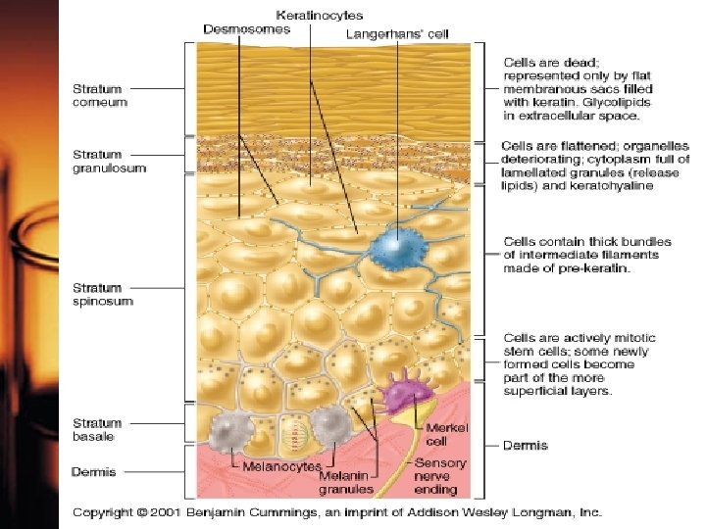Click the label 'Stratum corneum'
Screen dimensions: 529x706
[98, 95]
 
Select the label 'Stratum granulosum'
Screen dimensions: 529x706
[108, 161]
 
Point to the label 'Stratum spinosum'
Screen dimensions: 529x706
[102, 295]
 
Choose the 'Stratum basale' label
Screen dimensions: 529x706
[97, 429]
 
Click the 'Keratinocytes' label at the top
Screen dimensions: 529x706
[320, 16]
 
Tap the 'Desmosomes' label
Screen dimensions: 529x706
[246, 29]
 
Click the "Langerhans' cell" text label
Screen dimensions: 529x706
[397, 34]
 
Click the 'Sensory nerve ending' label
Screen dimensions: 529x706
[440, 475]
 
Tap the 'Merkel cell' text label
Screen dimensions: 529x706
[446, 435]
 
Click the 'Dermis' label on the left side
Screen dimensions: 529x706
[93, 472]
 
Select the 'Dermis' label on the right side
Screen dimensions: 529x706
[526, 446]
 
